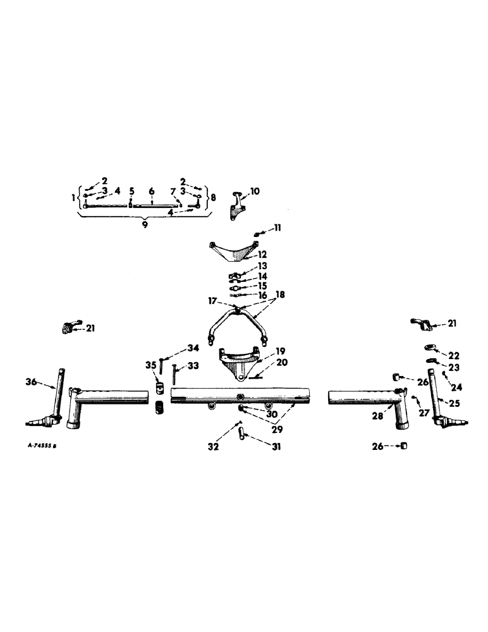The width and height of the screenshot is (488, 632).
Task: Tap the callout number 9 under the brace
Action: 145,224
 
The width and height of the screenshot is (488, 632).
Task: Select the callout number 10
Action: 255,190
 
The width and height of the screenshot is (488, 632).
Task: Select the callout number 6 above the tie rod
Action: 152,191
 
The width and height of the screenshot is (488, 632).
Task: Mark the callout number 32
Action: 214,446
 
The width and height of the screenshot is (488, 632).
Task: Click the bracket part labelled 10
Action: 237,205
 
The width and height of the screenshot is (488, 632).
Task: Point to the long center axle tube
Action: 240,396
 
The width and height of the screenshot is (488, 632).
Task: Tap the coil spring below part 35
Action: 159,407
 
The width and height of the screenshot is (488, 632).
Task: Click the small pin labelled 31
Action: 241,435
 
